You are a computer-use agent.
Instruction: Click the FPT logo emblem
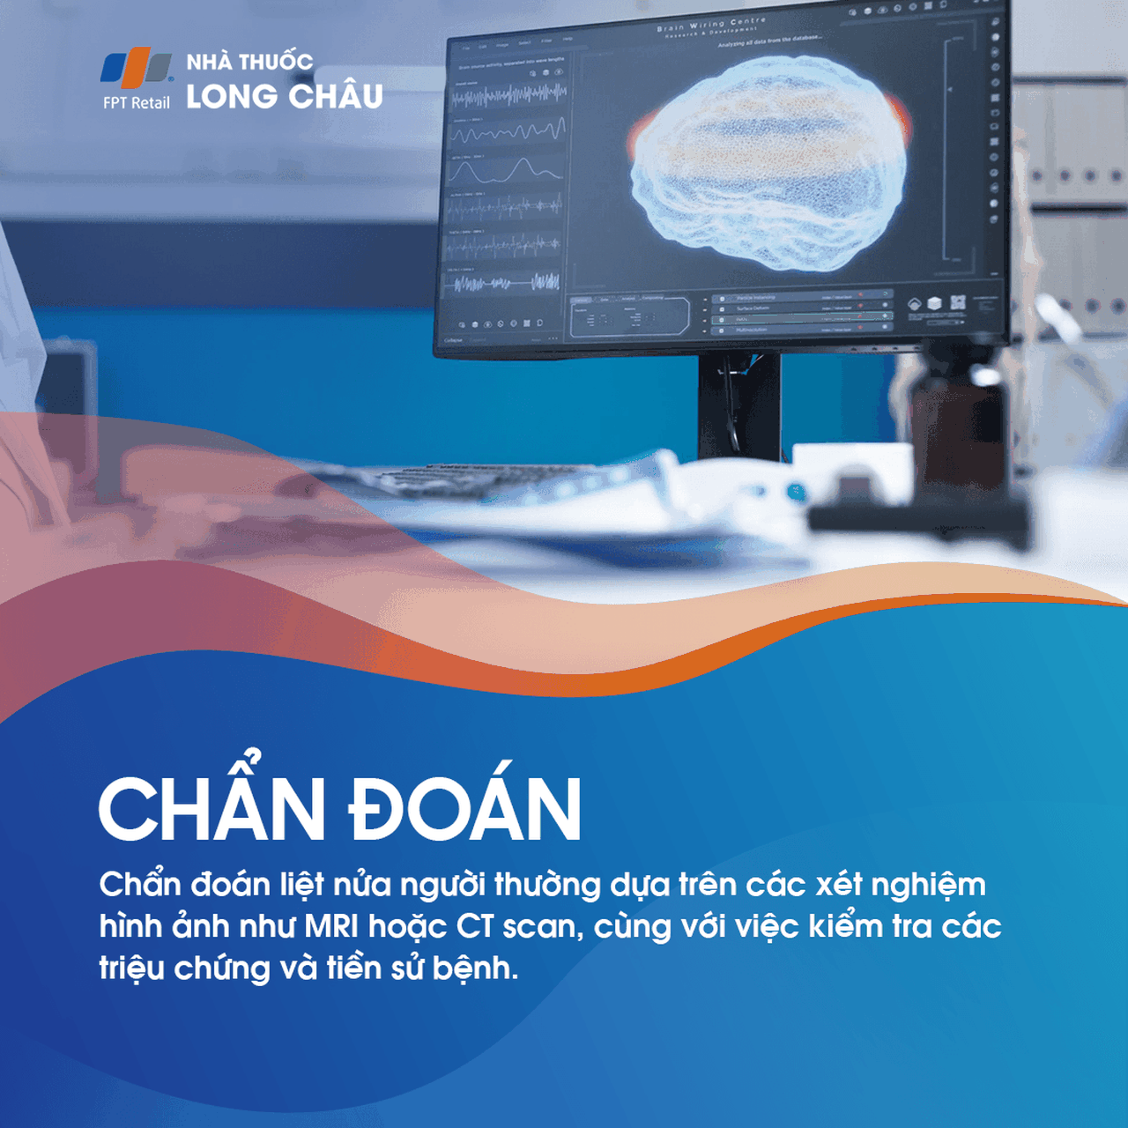pos(136,69)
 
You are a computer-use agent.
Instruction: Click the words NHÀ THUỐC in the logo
pos(249,62)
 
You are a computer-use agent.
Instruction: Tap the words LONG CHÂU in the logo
pos(284,96)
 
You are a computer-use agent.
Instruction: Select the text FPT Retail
pos(136,103)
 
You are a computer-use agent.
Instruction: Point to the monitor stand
pos(738,405)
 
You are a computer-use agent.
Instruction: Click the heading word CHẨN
pos(211,808)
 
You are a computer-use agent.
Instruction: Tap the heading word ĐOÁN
pos(465,808)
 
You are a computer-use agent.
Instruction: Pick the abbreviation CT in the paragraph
pos(475,926)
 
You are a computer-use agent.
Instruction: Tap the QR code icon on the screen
pos(958,302)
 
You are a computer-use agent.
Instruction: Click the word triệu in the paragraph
pos(131,968)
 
